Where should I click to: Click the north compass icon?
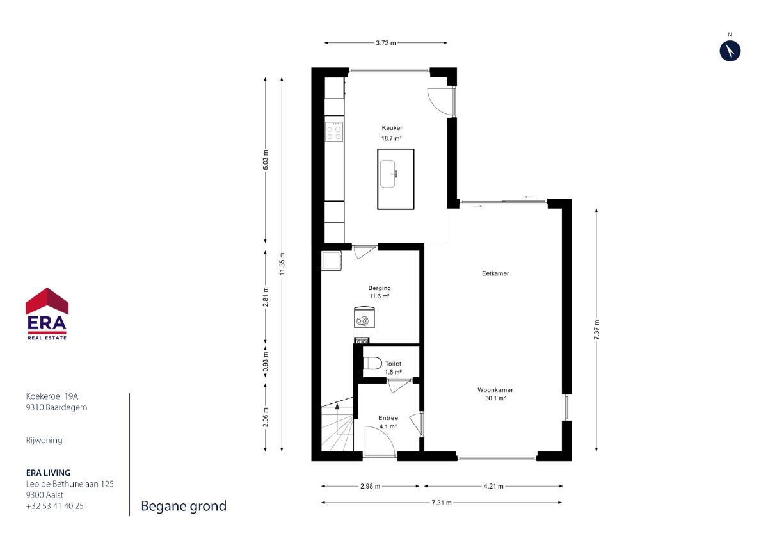[x=730, y=51]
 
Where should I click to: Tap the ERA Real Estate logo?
[x=47, y=314]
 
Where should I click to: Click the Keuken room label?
[x=392, y=128]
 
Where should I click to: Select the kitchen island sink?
[x=388, y=174]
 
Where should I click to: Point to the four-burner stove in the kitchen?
[x=334, y=132]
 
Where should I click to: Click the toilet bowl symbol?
[x=372, y=363]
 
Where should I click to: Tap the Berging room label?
[x=380, y=288]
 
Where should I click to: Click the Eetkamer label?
[x=495, y=273]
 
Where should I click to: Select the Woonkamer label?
[x=495, y=390]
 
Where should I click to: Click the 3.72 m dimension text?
[x=386, y=43]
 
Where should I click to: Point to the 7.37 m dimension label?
[x=596, y=330]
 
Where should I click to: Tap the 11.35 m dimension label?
[x=282, y=264]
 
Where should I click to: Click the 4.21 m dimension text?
[x=493, y=486]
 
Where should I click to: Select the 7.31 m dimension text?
[x=441, y=503]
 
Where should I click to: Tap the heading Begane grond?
[x=184, y=507]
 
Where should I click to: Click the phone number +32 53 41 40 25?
[x=55, y=506]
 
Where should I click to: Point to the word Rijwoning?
[x=44, y=441]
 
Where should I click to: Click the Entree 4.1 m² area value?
[x=388, y=426]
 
